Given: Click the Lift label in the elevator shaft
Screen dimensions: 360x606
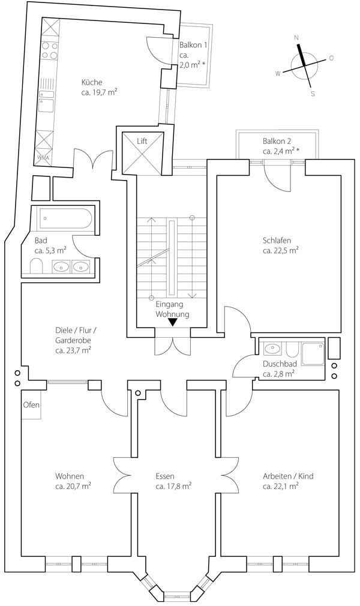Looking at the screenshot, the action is [x=142, y=141].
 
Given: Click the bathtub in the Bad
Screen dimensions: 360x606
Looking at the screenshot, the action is [x=64, y=219].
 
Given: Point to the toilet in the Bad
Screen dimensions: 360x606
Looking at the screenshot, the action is [x=37, y=266].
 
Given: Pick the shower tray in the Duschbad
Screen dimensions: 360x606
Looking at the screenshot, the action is [x=313, y=353].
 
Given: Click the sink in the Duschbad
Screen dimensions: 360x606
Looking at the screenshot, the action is [x=273, y=349].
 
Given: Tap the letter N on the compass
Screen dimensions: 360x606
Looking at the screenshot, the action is [x=296, y=38].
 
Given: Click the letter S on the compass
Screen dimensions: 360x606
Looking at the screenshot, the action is [x=313, y=94].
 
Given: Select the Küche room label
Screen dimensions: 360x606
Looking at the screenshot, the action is [x=92, y=82].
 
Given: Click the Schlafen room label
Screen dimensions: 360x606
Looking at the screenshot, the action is [x=277, y=241].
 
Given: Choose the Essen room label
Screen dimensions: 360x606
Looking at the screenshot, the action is [x=165, y=476].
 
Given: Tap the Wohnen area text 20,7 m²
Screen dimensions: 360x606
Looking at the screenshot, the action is [x=73, y=486].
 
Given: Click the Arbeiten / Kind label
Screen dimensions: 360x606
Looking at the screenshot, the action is [x=288, y=476].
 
